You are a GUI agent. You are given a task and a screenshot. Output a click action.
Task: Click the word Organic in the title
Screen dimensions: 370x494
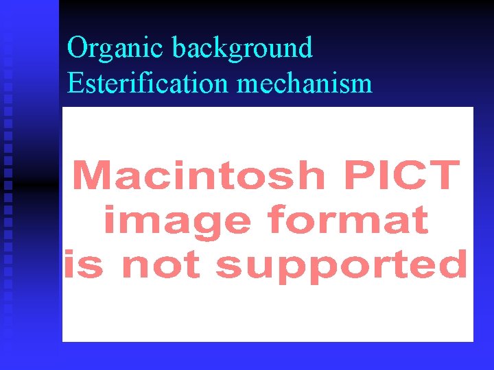[116, 48]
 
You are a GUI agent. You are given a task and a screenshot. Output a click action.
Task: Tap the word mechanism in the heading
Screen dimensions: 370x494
[305, 83]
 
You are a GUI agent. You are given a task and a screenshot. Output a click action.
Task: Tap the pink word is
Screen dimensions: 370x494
[82, 264]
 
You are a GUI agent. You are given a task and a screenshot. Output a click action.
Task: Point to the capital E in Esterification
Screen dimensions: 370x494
[75, 83]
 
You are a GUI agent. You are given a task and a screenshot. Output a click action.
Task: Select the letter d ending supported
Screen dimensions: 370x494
[454, 264]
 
